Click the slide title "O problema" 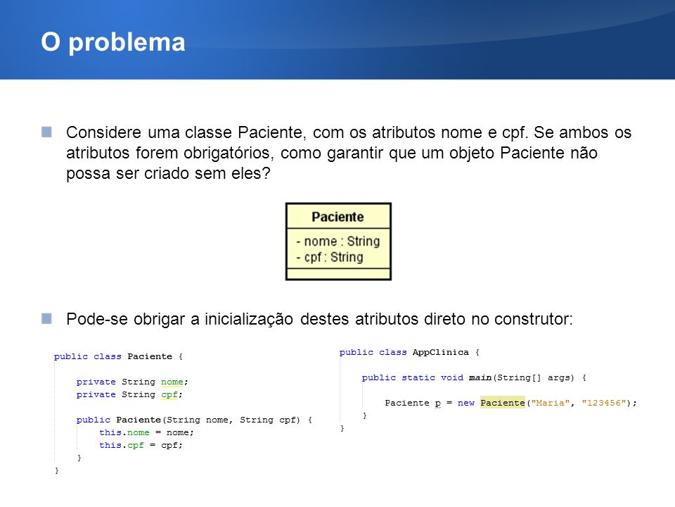[112, 43]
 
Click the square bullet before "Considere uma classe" [46, 132]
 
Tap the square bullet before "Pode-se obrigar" [46, 318]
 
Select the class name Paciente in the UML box [338, 217]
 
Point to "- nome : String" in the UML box [338, 242]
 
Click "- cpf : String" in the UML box [330, 258]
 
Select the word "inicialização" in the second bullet [249, 319]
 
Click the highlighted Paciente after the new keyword [502, 403]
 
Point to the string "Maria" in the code [550, 403]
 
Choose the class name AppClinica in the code [440, 352]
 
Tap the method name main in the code [480, 377]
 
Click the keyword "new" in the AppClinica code [465, 403]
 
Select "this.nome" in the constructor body [124, 432]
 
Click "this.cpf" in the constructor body [122, 445]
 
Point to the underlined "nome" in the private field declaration [172, 382]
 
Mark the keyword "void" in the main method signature [452, 377]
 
